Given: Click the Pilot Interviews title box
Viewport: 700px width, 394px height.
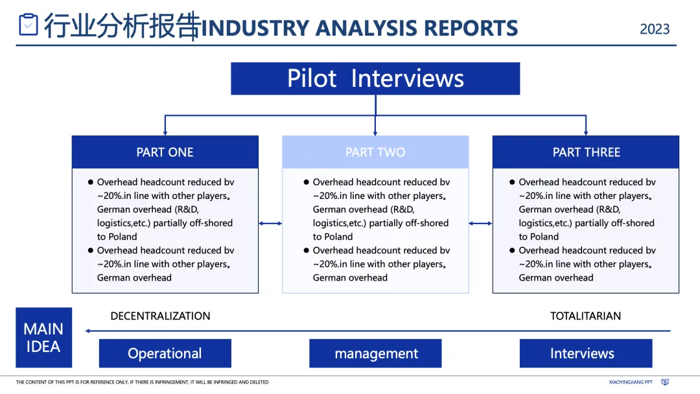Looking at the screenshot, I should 375,78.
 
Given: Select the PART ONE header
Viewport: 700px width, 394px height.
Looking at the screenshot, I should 165,152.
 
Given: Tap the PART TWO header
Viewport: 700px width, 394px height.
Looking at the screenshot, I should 375,152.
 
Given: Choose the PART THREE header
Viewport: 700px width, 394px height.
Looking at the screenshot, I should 586,152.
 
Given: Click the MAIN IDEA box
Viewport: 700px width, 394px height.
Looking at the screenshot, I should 43,338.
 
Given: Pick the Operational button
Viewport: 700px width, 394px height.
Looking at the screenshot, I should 165,353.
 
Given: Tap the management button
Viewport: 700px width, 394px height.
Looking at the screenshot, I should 376,353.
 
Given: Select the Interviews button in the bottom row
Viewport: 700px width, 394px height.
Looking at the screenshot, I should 582,353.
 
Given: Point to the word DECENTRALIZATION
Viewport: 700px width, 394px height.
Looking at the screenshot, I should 160,316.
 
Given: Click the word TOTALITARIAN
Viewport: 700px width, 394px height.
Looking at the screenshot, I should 585,316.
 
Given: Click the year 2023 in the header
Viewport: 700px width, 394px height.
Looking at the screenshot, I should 655,29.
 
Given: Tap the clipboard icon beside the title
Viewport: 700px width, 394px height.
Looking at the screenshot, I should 29,25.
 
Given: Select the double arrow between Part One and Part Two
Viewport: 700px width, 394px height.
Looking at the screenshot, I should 270,224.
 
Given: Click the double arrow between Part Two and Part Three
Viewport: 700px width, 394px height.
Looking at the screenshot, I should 480,224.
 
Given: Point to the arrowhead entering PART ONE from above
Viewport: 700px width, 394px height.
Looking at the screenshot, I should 165,132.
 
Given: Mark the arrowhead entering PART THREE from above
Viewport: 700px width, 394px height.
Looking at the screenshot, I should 586,132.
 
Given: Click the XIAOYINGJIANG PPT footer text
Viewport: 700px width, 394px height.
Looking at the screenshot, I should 631,382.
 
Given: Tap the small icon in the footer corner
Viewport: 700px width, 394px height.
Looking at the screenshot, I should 665,382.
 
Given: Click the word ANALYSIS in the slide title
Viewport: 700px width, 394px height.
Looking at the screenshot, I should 367,29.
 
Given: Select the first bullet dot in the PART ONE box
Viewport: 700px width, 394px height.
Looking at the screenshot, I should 91,182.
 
